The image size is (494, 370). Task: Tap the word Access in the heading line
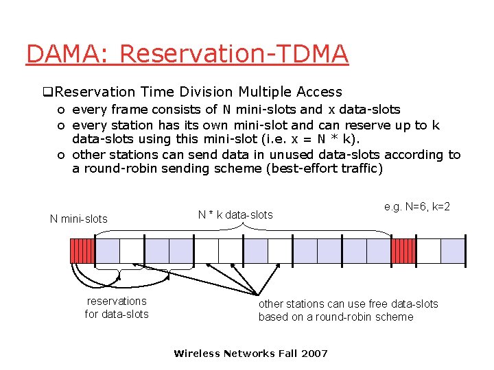pyautogui.click(x=319, y=92)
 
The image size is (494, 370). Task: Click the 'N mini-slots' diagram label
pyautogui.click(x=78, y=219)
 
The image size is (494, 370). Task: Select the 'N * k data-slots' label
pyautogui.click(x=235, y=215)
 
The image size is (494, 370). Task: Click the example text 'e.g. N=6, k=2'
pyautogui.click(x=417, y=206)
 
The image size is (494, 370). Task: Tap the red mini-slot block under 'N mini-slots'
pyautogui.click(x=82, y=251)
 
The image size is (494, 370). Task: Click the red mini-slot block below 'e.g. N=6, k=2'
pyautogui.click(x=403, y=251)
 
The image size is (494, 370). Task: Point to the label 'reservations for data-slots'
pyautogui.click(x=117, y=308)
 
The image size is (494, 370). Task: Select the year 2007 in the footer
pyautogui.click(x=314, y=354)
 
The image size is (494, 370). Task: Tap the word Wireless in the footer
pyautogui.click(x=196, y=354)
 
